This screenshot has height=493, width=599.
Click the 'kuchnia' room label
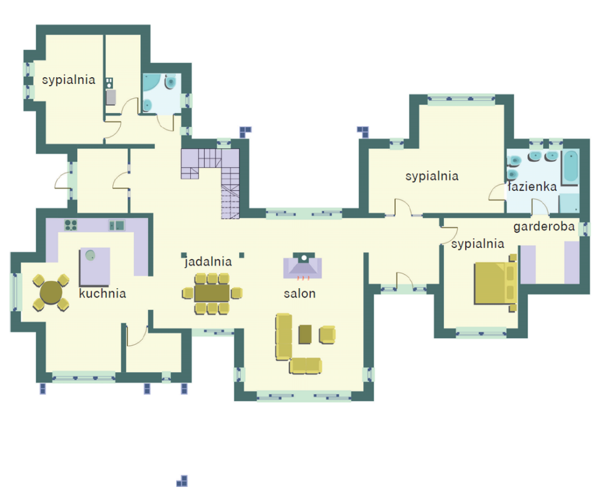(x=103, y=294)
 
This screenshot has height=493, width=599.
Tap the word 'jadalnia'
(x=208, y=262)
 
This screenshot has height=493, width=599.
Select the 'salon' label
(x=300, y=294)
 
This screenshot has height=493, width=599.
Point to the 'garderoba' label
(x=544, y=227)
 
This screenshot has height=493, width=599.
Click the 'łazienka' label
(x=532, y=186)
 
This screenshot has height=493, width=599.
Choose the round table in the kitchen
(x=51, y=293)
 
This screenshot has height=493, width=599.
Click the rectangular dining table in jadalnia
(x=212, y=293)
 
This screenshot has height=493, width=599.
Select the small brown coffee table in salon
(x=305, y=334)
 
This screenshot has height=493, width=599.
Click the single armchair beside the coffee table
(x=327, y=334)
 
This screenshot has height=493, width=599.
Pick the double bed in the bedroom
(x=495, y=283)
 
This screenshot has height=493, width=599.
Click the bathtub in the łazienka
(x=571, y=167)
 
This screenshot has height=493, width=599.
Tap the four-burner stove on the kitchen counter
(x=70, y=225)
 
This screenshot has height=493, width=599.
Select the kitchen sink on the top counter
(x=117, y=225)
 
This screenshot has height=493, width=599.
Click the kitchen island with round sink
(x=94, y=267)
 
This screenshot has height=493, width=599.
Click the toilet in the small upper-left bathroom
(x=170, y=82)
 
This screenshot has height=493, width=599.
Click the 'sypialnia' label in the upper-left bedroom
(x=69, y=80)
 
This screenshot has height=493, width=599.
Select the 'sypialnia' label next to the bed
(x=477, y=244)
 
